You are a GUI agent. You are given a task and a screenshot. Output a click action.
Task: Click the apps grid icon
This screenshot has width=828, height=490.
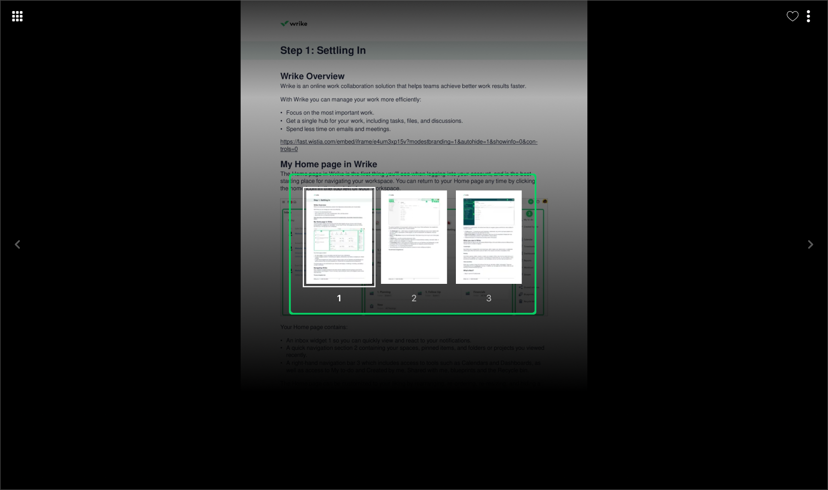tap(17, 17)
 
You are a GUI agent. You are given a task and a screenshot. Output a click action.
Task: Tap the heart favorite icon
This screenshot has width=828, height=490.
tap(792, 17)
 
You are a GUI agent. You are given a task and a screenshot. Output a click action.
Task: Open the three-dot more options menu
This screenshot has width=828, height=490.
tap(808, 17)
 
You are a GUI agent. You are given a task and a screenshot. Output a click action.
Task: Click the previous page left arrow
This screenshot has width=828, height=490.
tap(17, 244)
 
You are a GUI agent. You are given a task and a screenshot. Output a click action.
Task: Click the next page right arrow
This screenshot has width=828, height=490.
tap(811, 244)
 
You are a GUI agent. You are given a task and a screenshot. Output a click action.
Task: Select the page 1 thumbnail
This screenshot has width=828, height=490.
tap(339, 237)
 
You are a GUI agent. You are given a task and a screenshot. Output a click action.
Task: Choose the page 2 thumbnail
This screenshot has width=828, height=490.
tap(414, 237)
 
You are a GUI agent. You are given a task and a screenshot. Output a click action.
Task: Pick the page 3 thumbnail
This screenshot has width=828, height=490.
tap(489, 237)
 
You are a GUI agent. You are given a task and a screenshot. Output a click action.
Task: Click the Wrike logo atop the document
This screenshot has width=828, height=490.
tap(294, 23)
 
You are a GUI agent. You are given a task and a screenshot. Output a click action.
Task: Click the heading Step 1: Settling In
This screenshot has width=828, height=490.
tap(323, 51)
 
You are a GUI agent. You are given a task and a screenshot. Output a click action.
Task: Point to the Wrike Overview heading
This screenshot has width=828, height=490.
tap(312, 76)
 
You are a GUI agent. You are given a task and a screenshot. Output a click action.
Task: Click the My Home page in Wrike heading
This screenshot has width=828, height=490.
tap(328, 164)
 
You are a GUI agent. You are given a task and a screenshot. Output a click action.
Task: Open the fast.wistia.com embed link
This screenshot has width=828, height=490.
tap(408, 142)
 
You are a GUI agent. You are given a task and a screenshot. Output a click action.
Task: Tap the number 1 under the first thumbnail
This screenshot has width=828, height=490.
tap(339, 298)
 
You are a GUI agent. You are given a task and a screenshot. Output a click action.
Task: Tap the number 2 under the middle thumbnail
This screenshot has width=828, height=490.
tap(414, 298)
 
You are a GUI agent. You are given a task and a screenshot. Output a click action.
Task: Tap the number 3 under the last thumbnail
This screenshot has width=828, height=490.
tap(489, 298)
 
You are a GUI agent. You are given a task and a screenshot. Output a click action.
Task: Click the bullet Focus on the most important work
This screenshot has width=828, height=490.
tap(330, 113)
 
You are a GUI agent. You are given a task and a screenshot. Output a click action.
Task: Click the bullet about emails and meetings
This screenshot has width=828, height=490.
tap(338, 129)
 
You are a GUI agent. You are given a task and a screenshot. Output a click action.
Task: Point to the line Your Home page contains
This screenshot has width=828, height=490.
tap(314, 327)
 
